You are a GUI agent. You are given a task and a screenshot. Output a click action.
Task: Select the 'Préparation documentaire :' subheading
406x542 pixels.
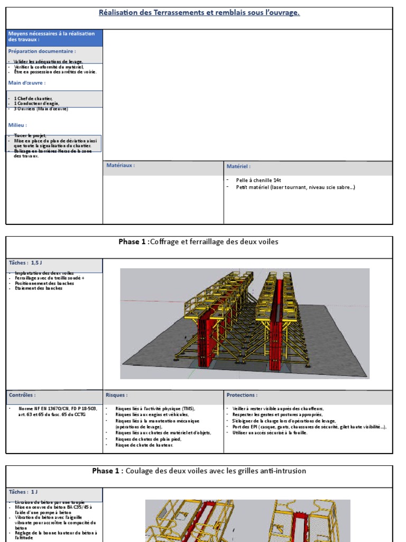(42, 51)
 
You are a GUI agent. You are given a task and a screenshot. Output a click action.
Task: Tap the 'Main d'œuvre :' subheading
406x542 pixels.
(27, 83)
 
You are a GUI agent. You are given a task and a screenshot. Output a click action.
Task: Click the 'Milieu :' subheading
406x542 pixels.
(18, 125)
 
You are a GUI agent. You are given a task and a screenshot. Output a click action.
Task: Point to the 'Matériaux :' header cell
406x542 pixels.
(121, 166)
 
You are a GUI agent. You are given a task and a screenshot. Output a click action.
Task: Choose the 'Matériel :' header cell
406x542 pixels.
(238, 166)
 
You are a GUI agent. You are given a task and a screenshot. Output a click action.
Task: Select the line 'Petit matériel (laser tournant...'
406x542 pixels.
(295, 187)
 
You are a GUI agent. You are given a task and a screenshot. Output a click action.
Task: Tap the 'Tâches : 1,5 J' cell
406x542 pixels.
(25, 263)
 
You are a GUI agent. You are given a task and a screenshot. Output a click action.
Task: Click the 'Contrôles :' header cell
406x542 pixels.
(22, 395)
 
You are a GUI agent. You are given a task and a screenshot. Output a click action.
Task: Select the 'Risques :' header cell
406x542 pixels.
(116, 395)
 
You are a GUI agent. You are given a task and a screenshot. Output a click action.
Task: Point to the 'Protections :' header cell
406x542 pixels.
(242, 395)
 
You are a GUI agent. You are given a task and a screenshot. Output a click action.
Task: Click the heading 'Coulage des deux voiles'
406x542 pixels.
(216, 471)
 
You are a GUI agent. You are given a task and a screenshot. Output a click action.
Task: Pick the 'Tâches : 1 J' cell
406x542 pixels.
(23, 492)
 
